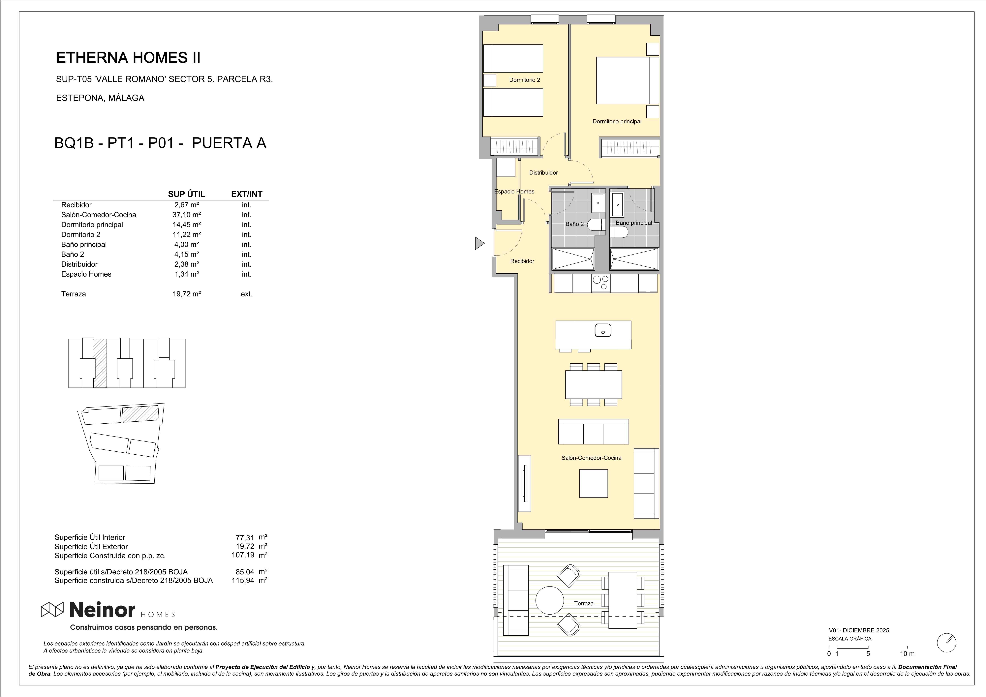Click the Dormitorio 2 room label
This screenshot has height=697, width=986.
click(524, 80)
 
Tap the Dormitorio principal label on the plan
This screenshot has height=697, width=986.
click(617, 122)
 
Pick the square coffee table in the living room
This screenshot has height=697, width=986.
click(594, 483)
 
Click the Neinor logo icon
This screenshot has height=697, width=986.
click(52, 609)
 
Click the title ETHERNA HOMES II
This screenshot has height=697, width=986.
click(128, 58)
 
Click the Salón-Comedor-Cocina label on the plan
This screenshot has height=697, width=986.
click(591, 458)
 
